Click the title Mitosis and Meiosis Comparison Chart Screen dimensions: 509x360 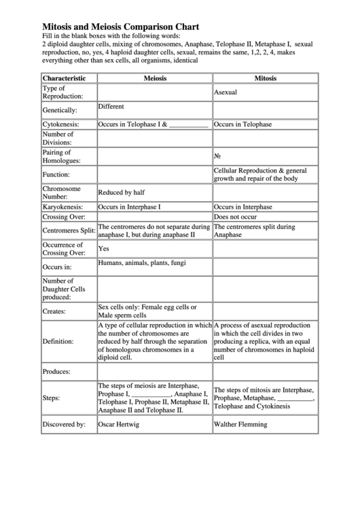(121, 27)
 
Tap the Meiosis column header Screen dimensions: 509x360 (155, 78)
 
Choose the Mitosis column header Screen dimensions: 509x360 (266, 78)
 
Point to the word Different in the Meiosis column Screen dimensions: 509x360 (111, 107)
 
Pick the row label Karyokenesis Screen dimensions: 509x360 (62, 207)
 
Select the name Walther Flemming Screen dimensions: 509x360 (240, 424)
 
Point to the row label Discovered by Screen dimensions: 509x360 (64, 424)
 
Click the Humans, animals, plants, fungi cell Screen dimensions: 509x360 (141, 262)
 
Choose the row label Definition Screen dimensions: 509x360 (58, 341)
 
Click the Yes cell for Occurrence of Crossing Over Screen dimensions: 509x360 (105, 249)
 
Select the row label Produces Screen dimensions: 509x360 (58, 372)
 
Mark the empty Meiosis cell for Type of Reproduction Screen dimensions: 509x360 (155, 92)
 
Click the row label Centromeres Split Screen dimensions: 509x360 (69, 231)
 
